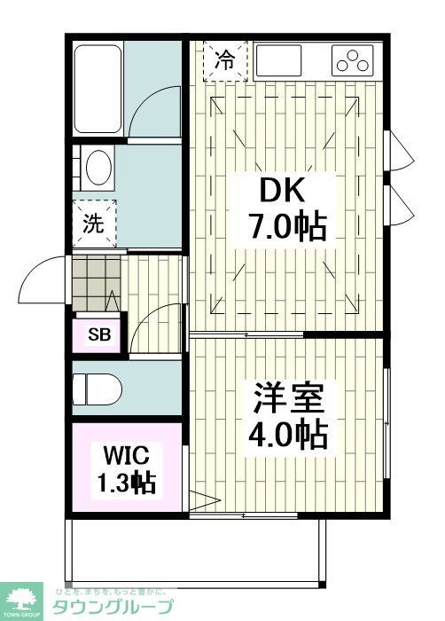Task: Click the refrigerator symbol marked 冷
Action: coord(226,61)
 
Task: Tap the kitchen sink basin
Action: coord(280,61)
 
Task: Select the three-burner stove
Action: coord(353,61)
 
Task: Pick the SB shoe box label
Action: coord(98,334)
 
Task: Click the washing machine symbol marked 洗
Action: coord(94,224)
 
